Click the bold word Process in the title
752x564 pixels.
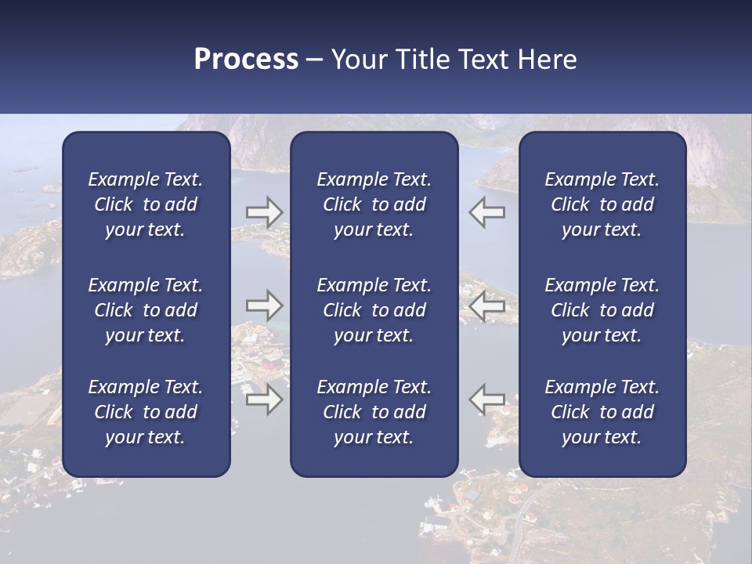point(246,60)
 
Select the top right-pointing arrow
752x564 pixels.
point(265,212)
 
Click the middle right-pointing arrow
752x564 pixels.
point(265,305)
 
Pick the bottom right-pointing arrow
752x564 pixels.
point(265,399)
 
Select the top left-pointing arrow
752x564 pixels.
point(486,212)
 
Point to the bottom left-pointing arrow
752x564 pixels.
point(486,399)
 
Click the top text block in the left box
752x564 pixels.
point(146,204)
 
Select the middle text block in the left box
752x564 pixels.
point(146,310)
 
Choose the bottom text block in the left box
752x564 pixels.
point(146,412)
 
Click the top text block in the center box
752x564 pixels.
point(374,204)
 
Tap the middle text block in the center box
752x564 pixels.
point(374,310)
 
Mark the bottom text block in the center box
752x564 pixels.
point(374,412)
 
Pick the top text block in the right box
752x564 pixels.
point(602,204)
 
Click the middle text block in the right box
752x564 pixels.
point(602,310)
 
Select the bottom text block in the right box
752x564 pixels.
point(602,412)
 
